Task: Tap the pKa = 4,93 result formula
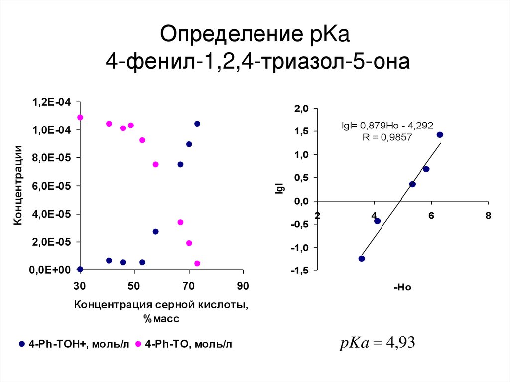point(377,343)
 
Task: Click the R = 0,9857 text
point(387,137)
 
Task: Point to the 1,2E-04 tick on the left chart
point(52,102)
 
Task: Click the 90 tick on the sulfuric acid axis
point(243,286)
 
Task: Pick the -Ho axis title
point(402,287)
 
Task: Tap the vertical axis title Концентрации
point(18,185)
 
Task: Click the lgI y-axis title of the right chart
point(279,189)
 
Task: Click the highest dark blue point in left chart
point(197,124)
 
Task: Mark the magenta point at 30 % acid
point(80,117)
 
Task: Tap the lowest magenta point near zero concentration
point(197,263)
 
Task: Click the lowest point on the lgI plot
point(362,259)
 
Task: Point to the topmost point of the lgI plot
point(440,135)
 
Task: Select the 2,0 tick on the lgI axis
point(302,109)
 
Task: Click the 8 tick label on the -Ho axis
point(488,215)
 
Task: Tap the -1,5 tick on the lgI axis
point(300,270)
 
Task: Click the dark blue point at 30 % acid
point(80,269)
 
